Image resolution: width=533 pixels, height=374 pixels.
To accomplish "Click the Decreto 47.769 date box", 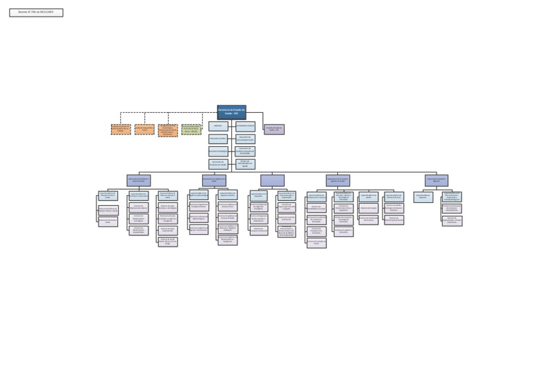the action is pyautogui.click(x=36, y=12).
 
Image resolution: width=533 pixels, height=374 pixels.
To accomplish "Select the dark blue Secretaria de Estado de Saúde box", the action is pyautogui.click(x=231, y=112).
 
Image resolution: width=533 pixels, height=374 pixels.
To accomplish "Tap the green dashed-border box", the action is pyautogui.click(x=192, y=130).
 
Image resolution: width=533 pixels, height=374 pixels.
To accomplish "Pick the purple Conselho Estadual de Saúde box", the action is pyautogui.click(x=274, y=130).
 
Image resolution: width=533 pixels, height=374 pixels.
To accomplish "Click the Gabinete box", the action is pyautogui.click(x=218, y=126).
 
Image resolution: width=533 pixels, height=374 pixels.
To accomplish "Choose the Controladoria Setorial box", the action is pyautogui.click(x=245, y=126).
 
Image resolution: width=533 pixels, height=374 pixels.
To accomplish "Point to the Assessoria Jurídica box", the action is pyautogui.click(x=218, y=139).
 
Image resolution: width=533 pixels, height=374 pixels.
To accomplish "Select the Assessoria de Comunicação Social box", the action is pyautogui.click(x=245, y=139).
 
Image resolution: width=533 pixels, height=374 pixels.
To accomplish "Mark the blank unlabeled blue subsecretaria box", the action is pyautogui.click(x=272, y=180).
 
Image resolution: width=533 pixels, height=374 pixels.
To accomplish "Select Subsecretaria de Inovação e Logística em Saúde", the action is pyautogui.click(x=338, y=180).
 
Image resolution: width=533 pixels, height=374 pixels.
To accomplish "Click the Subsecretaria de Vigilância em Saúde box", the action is pyautogui.click(x=214, y=180).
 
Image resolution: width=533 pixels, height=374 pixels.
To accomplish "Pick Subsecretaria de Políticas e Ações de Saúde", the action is pyautogui.click(x=139, y=180).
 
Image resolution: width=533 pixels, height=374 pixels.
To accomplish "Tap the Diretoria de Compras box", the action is pyautogui.click(x=369, y=208).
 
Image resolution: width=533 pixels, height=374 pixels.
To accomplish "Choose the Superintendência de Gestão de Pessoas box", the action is pyautogui.click(x=394, y=196).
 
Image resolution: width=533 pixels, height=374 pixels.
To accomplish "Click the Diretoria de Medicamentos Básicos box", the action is pyautogui.click(x=139, y=207).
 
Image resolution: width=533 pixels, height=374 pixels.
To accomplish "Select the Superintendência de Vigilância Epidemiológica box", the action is pyautogui.click(x=198, y=196).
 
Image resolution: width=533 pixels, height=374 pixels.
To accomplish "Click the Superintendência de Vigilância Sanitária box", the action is pyautogui.click(x=228, y=196).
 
